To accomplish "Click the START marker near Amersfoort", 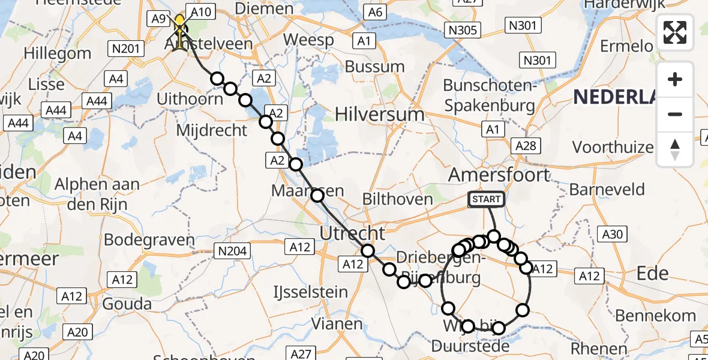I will tap(486, 199).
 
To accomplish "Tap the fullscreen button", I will tap(675, 32).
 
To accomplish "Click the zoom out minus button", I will tap(675, 114).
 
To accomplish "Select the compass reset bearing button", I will tap(675, 149).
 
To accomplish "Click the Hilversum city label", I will tap(380, 114).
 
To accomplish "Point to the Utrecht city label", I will tap(353, 233).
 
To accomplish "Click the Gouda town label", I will tap(127, 303).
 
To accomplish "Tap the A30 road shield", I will tap(612, 235).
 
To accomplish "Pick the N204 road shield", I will tap(233, 251).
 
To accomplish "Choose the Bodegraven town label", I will tap(149, 240).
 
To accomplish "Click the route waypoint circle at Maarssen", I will tap(317, 195).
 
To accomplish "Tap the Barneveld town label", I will tap(607, 190).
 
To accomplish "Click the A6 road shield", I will tap(376, 12).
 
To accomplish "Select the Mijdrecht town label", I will tap(212, 130).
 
